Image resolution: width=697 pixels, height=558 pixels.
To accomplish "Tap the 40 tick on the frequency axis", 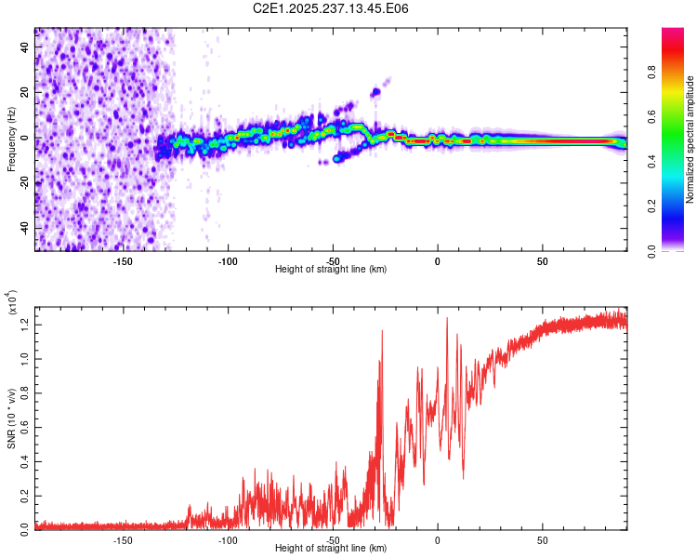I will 25,47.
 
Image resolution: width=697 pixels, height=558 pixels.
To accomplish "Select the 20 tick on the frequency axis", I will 25,93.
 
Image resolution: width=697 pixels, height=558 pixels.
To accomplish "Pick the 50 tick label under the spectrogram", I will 542,260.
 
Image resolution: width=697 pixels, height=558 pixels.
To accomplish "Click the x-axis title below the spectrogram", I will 331,270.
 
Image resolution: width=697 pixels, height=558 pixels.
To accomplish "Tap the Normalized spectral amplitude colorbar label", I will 690,139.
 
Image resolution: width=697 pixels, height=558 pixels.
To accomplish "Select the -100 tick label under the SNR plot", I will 228,539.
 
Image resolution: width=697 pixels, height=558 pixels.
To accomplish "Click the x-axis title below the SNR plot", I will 331,549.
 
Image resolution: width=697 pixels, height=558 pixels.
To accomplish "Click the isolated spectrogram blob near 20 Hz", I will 376,92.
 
